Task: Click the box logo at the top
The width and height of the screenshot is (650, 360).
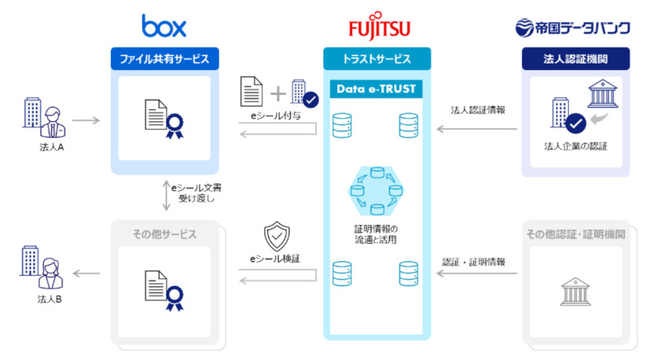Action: (x=163, y=26)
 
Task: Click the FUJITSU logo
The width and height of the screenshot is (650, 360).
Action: (x=379, y=28)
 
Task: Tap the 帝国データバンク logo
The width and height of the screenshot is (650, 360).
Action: (x=572, y=28)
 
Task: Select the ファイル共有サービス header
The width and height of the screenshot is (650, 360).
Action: (x=163, y=57)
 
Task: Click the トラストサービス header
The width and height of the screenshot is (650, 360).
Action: (x=377, y=57)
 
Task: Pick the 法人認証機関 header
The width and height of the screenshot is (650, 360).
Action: (x=576, y=57)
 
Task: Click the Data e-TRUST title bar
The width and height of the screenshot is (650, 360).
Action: (x=376, y=88)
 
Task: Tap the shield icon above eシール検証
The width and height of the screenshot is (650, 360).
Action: (x=278, y=234)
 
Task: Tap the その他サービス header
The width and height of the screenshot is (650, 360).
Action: (x=163, y=234)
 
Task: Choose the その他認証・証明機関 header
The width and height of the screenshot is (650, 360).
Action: (x=576, y=234)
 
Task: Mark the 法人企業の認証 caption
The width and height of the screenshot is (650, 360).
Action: (x=575, y=146)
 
